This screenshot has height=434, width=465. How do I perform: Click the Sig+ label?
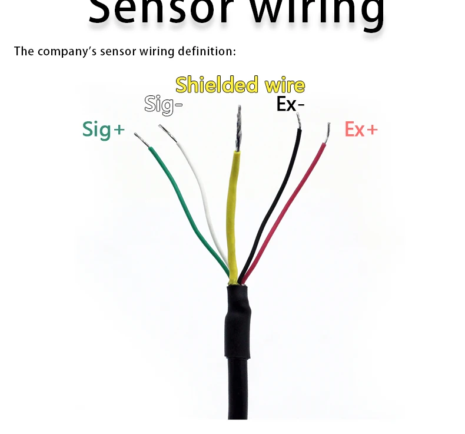[x=104, y=129]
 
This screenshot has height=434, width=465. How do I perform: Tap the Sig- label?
[x=164, y=105]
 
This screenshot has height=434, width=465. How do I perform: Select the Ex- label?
[x=291, y=104]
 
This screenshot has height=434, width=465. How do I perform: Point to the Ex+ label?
[x=361, y=129]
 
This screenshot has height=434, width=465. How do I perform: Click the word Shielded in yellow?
[x=217, y=85]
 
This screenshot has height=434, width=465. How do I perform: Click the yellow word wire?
[x=284, y=85]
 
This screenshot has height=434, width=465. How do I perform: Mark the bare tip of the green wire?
[x=142, y=139]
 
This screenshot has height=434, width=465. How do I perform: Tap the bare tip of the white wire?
[x=168, y=132]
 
